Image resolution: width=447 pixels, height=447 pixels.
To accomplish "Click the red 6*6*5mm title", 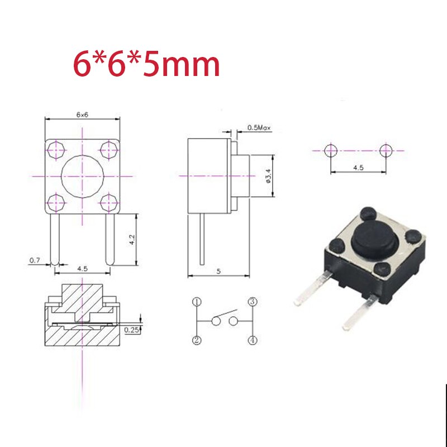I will coord(146,65).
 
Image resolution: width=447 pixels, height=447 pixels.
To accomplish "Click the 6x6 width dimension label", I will coord(83,113).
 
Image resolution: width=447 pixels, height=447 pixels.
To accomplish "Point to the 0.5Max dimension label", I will coord(259,128).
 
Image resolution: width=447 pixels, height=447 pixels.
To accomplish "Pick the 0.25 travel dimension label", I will coord(131,330).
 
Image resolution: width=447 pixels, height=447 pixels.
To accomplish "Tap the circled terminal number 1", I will coord(197,302).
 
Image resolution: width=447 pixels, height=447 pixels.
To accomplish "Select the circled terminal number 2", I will coord(197,340).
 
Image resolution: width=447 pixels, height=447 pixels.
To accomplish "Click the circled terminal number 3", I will coord(252,302).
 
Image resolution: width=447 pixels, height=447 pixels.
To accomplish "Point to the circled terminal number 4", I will coord(252,340).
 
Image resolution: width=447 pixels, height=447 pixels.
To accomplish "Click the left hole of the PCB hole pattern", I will coord(330,150).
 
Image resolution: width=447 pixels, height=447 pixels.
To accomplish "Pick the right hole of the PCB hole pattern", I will coord(385,150).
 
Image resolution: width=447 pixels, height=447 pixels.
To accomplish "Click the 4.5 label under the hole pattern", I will coord(358,166).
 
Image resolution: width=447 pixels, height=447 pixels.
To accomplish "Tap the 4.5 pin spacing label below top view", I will coord(83,269).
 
